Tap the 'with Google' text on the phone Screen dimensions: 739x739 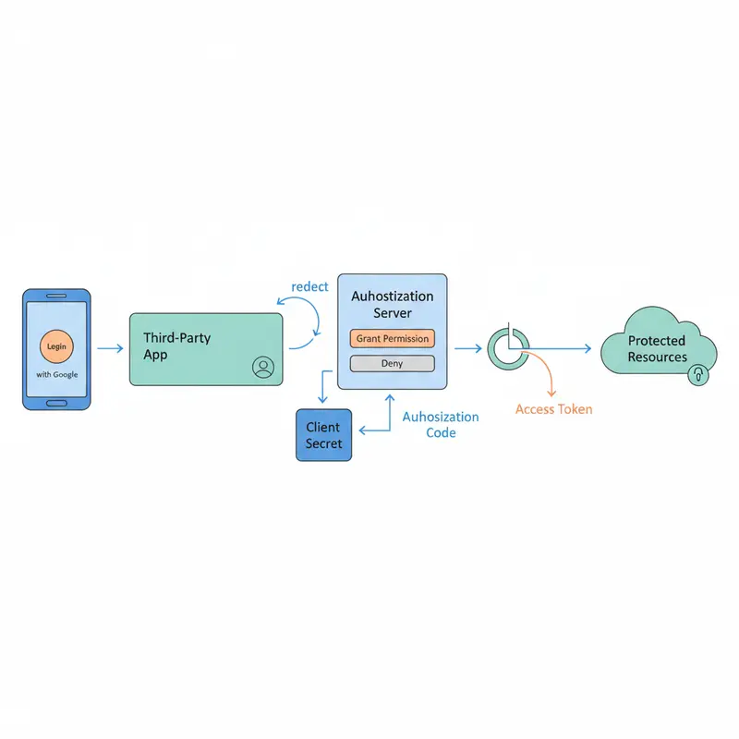coord(56,374)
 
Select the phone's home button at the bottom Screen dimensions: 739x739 coord(56,402)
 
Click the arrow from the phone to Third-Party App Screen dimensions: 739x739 coord(109,348)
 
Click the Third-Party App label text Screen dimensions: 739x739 coord(176,346)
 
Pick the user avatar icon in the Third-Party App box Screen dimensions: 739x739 coord(262,368)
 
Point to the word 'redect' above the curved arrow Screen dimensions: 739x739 coord(309,286)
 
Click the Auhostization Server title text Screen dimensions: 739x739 coord(393,305)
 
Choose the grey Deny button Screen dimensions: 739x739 coord(393,363)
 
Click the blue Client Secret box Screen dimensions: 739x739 coord(323,435)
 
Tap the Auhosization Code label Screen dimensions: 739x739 coord(441,425)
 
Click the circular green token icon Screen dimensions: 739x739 coord(507,348)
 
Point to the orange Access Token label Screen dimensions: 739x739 coord(553,408)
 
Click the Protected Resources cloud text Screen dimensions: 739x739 coord(657,348)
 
